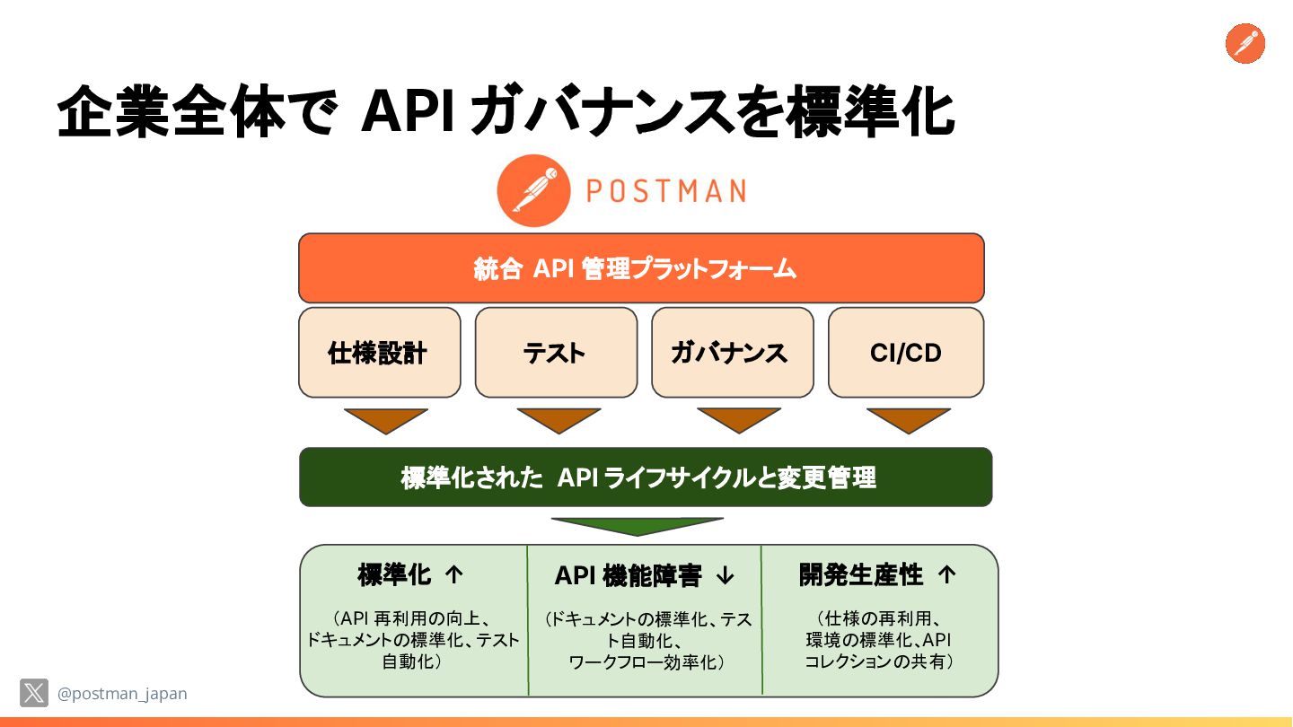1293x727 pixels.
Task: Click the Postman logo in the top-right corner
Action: [x=1245, y=43]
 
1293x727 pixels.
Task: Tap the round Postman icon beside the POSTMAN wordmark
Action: [x=533, y=190]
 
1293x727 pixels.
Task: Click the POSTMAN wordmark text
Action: [x=664, y=191]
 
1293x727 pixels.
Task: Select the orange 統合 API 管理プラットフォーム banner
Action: [x=641, y=268]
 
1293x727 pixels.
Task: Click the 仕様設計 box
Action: [x=379, y=353]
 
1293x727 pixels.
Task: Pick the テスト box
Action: [x=556, y=353]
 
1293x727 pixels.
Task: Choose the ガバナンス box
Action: [x=732, y=353]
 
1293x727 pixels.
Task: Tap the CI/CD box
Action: [x=905, y=353]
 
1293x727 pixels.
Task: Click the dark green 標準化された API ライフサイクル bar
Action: [x=645, y=477]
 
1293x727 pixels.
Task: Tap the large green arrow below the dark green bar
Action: [x=637, y=526]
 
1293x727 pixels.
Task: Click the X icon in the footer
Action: [x=34, y=693]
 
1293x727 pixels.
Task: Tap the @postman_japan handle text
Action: [x=122, y=694]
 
